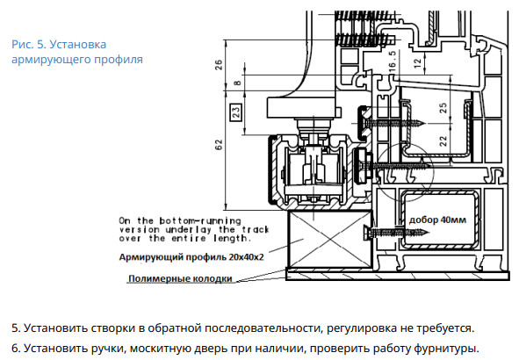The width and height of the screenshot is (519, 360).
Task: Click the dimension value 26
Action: pos(220,64)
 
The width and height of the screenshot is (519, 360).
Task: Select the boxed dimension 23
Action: pos(236,112)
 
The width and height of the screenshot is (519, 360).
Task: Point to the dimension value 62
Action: pos(220,145)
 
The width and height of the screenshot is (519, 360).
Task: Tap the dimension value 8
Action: pos(237,82)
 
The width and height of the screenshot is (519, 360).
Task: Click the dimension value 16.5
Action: pos(392,61)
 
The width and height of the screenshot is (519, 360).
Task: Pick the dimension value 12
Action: pos(418,62)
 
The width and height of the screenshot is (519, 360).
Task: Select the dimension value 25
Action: pos(443,108)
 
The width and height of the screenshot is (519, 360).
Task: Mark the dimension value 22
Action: pos(443,141)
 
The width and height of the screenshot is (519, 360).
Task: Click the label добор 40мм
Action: pos(437,220)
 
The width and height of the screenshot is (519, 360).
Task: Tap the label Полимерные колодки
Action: pos(180,278)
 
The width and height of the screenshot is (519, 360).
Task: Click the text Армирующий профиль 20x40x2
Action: pos(191,257)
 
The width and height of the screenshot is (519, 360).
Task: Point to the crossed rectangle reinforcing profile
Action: pos(329,239)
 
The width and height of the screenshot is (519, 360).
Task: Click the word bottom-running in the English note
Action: pos(200,220)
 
